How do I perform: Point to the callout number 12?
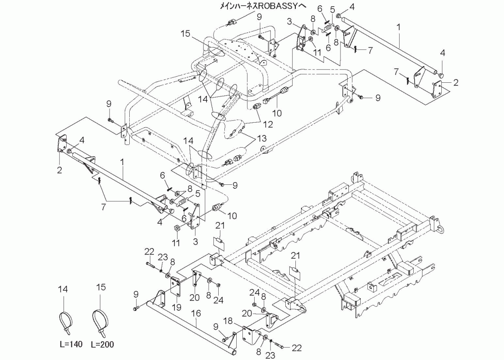(267, 124)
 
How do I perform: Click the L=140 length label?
(69, 345)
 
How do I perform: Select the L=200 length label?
(102, 345)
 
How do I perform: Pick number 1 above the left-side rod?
(123, 162)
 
